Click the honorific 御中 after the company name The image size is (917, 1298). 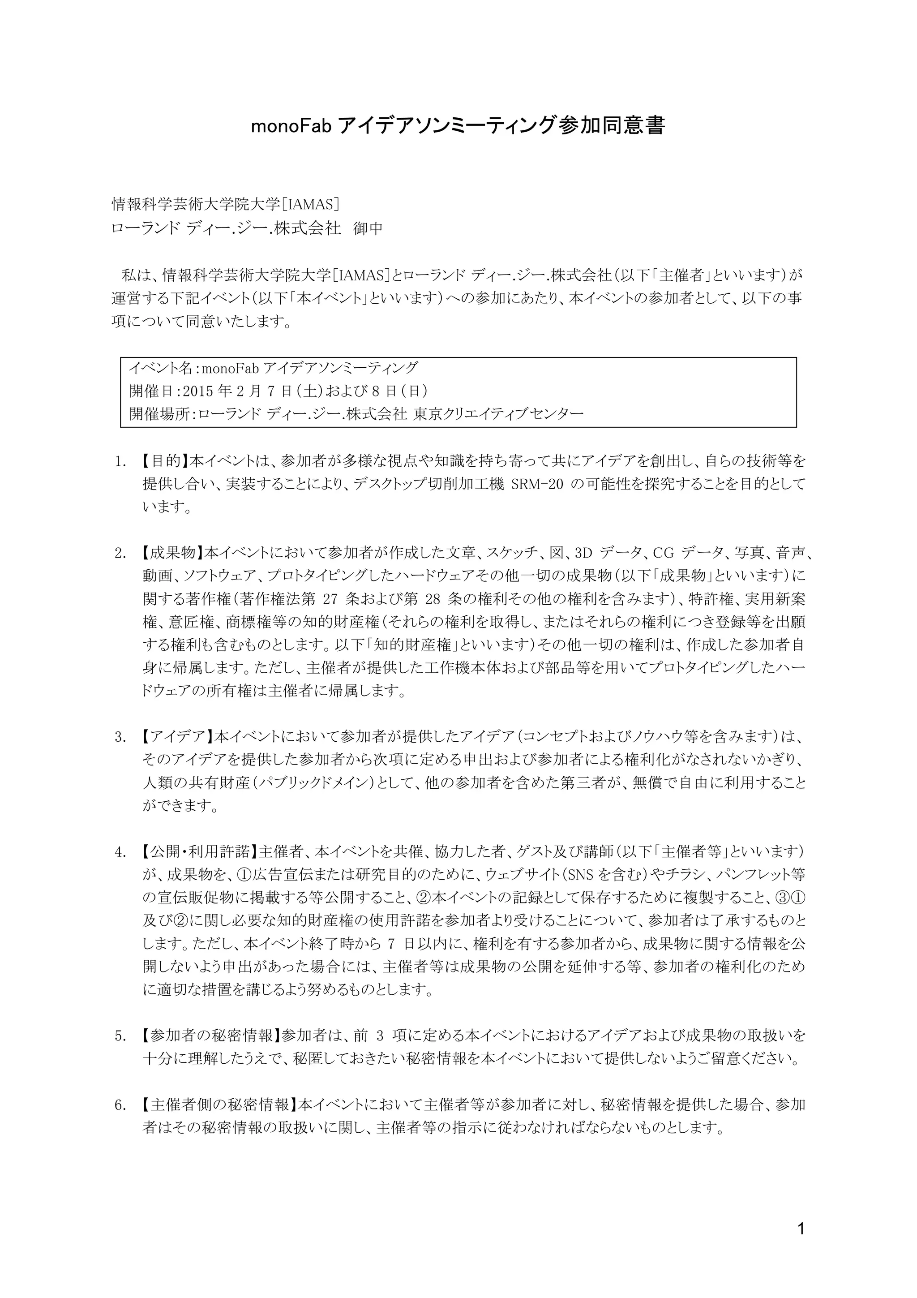368,228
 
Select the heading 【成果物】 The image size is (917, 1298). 168,552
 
